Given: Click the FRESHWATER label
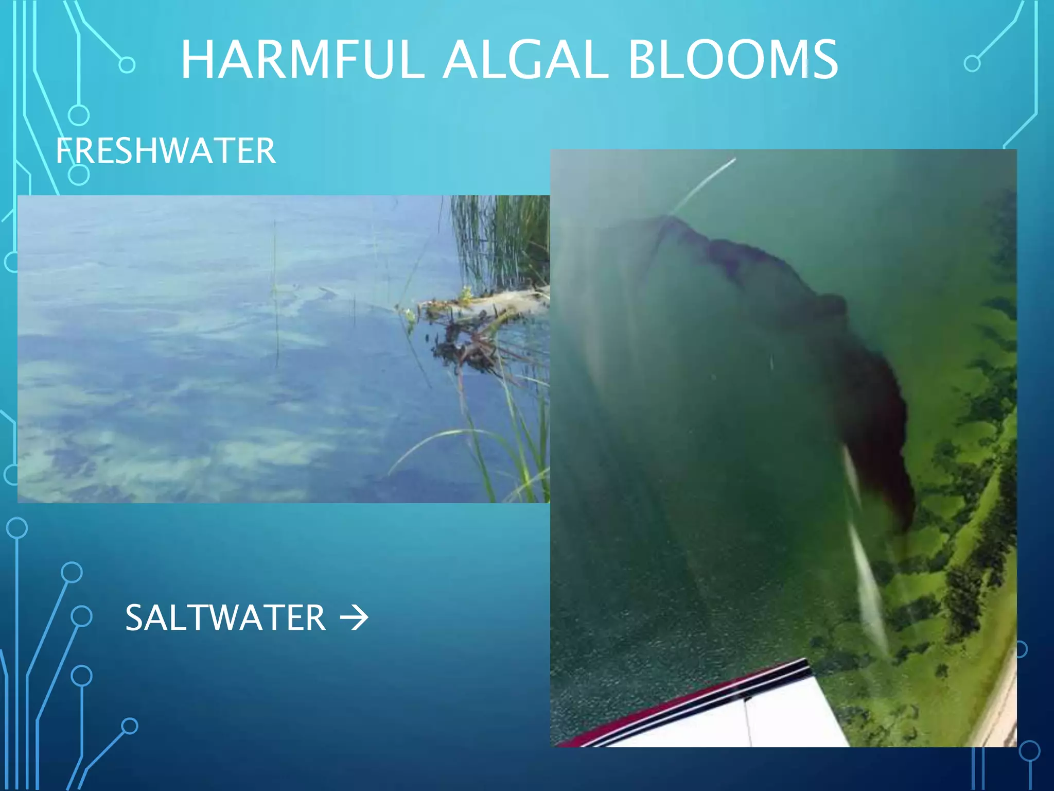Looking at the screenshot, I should [x=166, y=151].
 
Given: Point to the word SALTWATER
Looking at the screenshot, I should [x=225, y=617].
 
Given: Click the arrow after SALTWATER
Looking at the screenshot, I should [x=355, y=618].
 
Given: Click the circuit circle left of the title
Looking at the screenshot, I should [x=127, y=65].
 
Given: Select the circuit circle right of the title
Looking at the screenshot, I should [x=972, y=64].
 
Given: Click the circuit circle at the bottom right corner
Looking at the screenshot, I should [x=1029, y=751].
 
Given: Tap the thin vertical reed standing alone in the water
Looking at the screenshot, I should [x=275, y=294].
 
